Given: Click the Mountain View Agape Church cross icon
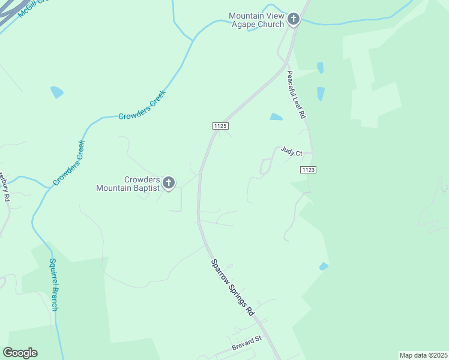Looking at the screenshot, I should click(293, 20).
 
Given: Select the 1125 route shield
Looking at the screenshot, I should click(220, 125).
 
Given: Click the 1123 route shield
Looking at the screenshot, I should click(308, 170).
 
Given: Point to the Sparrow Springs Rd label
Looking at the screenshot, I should click(232, 287).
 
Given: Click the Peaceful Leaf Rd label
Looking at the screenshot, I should click(296, 94).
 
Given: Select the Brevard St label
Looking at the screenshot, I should click(247, 343).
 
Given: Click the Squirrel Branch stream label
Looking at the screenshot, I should click(53, 284).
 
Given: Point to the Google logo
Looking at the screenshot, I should click(20, 353).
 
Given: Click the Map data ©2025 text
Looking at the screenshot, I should click(423, 355).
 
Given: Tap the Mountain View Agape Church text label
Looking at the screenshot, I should click(256, 20).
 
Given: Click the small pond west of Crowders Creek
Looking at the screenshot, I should click(57, 92).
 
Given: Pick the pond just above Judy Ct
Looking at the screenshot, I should click(276, 116).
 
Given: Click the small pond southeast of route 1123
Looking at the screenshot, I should click(324, 266).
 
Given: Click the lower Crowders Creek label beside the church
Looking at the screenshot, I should click(68, 163).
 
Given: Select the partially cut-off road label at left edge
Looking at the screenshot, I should click(4, 188).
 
